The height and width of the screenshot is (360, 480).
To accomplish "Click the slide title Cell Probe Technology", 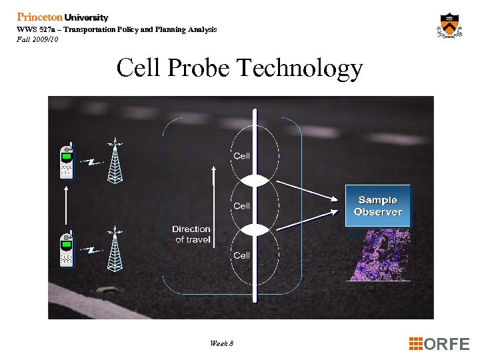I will (239, 69).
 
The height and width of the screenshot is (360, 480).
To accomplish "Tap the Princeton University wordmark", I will (63, 17).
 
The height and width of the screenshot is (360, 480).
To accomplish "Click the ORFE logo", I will (439, 344).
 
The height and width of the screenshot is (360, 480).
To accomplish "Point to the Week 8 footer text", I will (221, 343).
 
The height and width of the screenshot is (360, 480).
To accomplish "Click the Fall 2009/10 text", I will (38, 39).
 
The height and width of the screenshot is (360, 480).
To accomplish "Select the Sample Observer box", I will (377, 205).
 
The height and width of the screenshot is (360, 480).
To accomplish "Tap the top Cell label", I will (241, 156).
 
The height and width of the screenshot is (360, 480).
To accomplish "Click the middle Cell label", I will (241, 206).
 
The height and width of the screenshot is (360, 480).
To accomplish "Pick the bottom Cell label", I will (241, 255).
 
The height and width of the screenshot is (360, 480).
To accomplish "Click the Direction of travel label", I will (191, 234).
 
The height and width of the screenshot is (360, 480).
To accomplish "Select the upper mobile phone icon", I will (67, 161).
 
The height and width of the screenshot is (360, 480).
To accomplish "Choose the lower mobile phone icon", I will (67, 249).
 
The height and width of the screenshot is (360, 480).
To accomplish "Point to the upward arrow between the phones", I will (66, 205).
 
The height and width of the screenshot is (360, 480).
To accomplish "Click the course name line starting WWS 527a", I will (117, 29).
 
